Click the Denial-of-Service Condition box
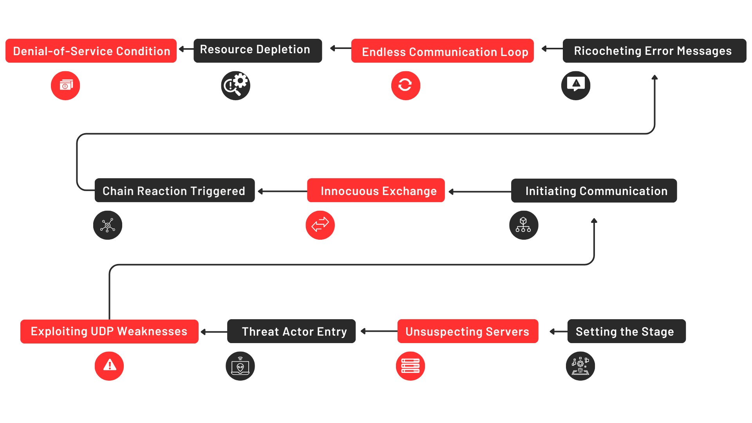(91, 51)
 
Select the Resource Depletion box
(257, 51)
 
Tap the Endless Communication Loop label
(442, 51)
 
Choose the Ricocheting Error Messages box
(654, 51)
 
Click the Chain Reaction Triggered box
(175, 191)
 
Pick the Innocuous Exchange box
(376, 191)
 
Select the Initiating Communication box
(594, 191)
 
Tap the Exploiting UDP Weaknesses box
(109, 331)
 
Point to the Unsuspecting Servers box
(468, 331)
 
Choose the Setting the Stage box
(626, 331)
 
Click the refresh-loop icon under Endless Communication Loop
(405, 85)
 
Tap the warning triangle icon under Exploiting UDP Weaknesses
(109, 366)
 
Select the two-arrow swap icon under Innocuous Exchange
(320, 225)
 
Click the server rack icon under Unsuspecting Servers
(410, 366)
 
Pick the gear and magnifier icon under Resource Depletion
(235, 85)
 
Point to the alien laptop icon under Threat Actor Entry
(240, 366)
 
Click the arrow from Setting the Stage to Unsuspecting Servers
(559, 332)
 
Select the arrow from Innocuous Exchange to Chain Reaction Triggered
(282, 191)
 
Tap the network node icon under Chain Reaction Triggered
(108, 225)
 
